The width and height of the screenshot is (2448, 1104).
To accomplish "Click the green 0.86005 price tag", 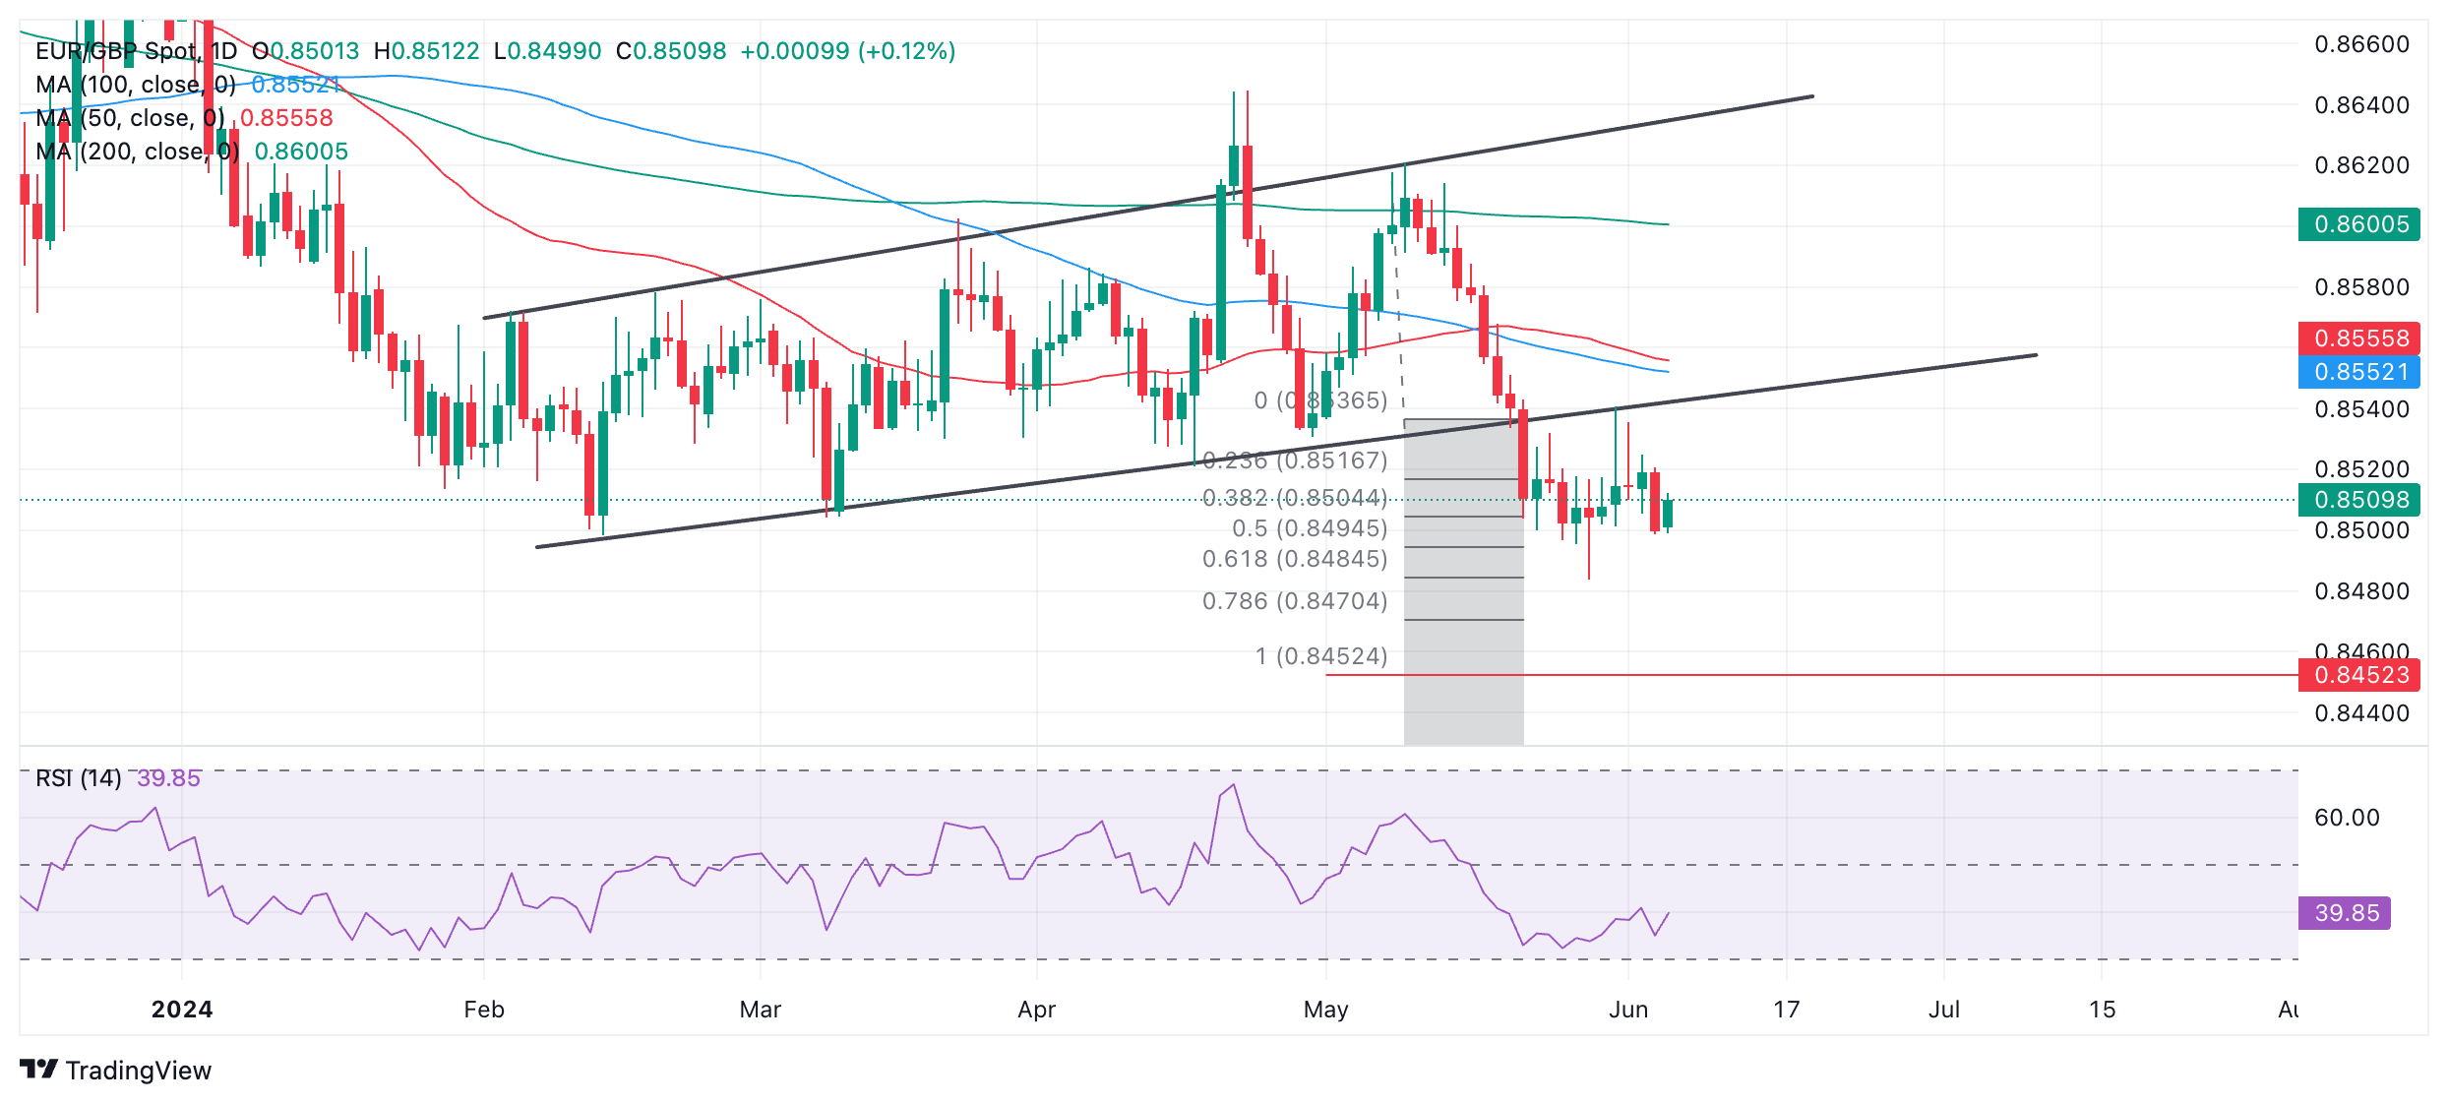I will pyautogui.click(x=2359, y=224).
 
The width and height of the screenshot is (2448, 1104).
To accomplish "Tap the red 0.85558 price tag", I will pyautogui.click(x=2359, y=338).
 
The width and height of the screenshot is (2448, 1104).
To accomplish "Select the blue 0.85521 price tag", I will pyautogui.click(x=2359, y=372).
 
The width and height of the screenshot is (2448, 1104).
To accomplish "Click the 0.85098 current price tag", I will pyautogui.click(x=2359, y=500).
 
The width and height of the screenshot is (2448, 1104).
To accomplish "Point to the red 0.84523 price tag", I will pyautogui.click(x=2359, y=675).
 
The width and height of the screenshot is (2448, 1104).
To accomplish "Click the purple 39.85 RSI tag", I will pyautogui.click(x=2346, y=913).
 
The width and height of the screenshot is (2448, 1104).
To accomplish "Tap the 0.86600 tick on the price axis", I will pyautogui.click(x=2361, y=44).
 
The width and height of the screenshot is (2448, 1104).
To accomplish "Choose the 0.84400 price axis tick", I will pyautogui.click(x=2361, y=713).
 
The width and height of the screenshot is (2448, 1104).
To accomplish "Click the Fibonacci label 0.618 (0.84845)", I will pyautogui.click(x=1295, y=559).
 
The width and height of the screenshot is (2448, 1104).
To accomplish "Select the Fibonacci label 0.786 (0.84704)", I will pyautogui.click(x=1295, y=601).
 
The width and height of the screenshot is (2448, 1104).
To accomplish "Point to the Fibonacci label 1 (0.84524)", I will pyautogui.click(x=1320, y=656).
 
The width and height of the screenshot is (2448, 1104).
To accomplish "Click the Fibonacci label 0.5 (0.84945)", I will pyautogui.click(x=1310, y=528).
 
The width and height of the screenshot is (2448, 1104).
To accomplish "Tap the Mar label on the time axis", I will pyautogui.click(x=760, y=1010).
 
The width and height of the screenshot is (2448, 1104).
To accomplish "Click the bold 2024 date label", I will pyautogui.click(x=182, y=1010).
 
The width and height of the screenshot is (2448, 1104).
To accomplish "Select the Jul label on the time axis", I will pyautogui.click(x=1944, y=1010).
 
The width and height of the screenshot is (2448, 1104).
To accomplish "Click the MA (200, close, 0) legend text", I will pyautogui.click(x=138, y=152).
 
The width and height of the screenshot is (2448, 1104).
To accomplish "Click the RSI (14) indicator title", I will pyautogui.click(x=79, y=778).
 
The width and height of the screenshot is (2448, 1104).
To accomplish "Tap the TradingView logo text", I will pyautogui.click(x=138, y=1071).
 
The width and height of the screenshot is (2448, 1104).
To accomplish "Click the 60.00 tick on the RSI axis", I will pyautogui.click(x=2347, y=818).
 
